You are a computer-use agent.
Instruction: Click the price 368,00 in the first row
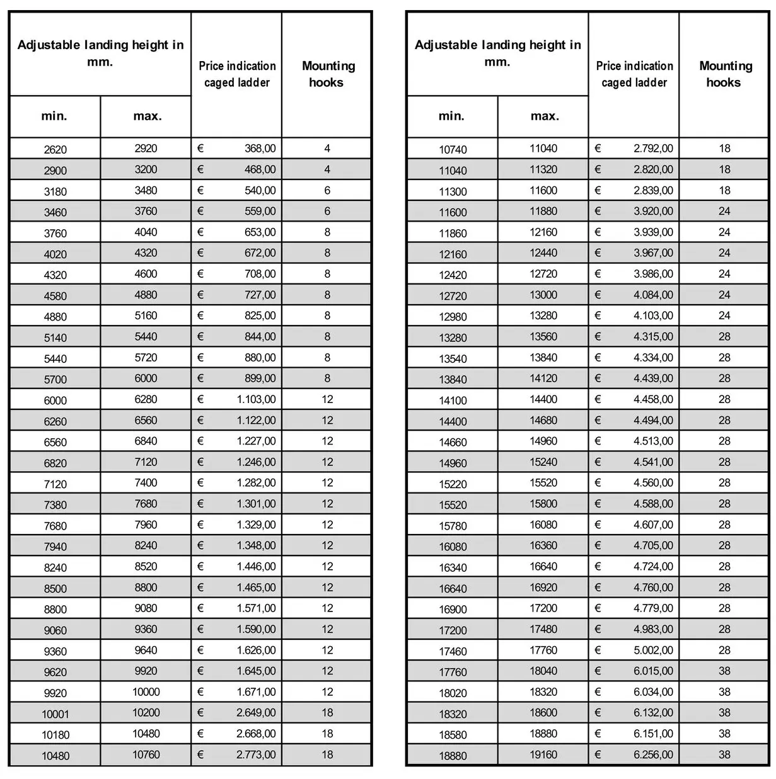[x=260, y=149]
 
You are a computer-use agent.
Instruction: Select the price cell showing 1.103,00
[x=256, y=399]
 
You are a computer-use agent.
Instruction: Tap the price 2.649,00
[x=256, y=713]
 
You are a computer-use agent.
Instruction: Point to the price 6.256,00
[x=653, y=754]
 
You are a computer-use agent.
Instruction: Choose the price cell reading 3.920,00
[x=653, y=212]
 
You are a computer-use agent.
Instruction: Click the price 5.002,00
[x=653, y=650]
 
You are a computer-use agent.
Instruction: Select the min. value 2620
[x=55, y=150]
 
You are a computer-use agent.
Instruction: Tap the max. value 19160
[x=543, y=754]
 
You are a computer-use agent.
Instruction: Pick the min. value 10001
[x=55, y=714]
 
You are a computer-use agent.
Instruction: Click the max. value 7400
[x=146, y=483]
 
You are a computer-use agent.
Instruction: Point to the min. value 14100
[x=453, y=401]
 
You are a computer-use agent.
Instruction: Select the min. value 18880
[x=453, y=756]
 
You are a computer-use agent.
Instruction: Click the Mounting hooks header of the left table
[x=328, y=74]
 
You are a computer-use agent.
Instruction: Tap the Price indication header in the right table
[x=634, y=74]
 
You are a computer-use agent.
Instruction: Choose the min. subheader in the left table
[x=54, y=117]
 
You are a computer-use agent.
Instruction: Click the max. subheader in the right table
[x=545, y=117]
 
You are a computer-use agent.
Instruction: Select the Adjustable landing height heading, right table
[x=497, y=53]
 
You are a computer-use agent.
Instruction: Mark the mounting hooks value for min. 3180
[x=327, y=190]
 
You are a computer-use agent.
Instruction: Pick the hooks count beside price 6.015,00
[x=724, y=671]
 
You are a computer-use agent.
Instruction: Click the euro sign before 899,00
[x=200, y=378]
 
